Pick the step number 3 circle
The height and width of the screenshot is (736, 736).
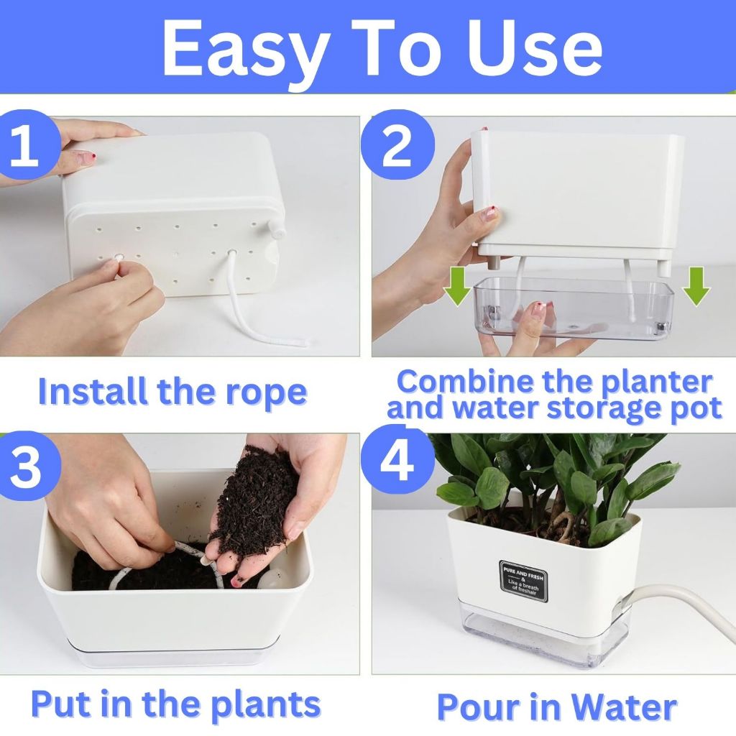pyautogui.click(x=27, y=466)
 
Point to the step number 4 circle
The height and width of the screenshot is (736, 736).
pyautogui.click(x=397, y=459)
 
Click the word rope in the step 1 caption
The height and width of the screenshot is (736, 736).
pyautogui.click(x=266, y=393)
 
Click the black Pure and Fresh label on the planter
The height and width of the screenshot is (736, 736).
pyautogui.click(x=523, y=581)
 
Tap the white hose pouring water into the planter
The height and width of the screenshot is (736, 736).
pyautogui.click(x=676, y=609)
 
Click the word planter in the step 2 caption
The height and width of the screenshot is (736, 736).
pyautogui.click(x=657, y=383)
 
